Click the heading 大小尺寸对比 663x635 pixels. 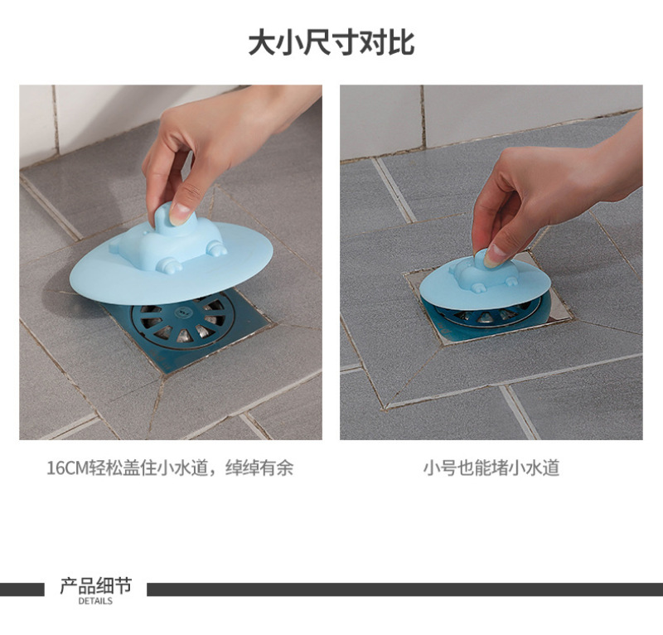click(x=331, y=42)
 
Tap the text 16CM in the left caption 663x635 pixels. click(x=68, y=468)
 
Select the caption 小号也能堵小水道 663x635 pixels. click(x=491, y=468)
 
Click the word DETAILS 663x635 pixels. click(x=95, y=601)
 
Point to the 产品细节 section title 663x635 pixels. click(x=95, y=585)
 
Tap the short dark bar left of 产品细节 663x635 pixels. click(x=22, y=589)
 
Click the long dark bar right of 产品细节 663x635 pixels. click(x=404, y=589)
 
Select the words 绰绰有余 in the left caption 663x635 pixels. click(x=259, y=468)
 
